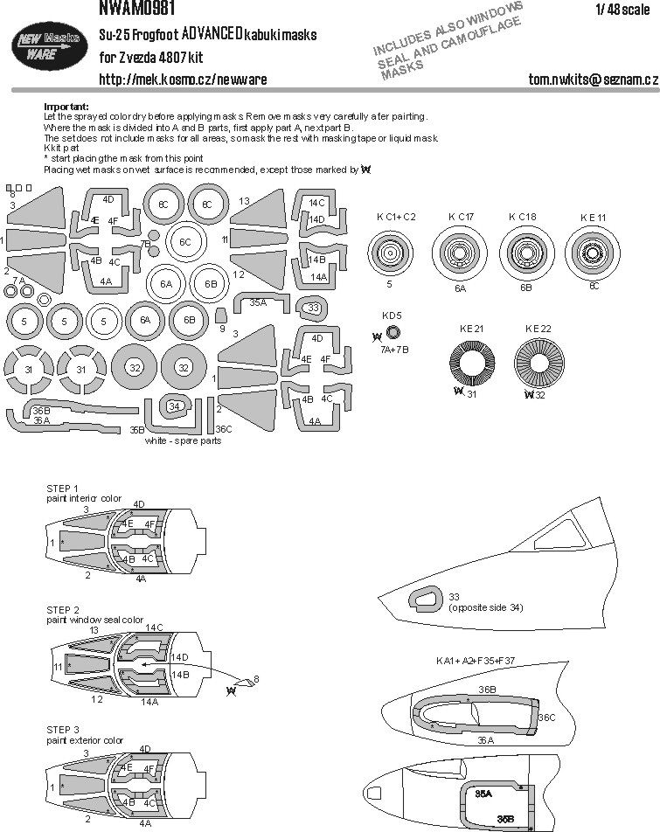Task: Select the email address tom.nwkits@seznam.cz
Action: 594,80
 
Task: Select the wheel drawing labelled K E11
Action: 591,255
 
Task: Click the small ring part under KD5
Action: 393,333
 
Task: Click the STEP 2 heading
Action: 63,609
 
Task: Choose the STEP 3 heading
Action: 63,729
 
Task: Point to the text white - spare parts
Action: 185,441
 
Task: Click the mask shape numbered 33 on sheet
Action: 312,307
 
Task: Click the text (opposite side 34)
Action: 486,607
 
